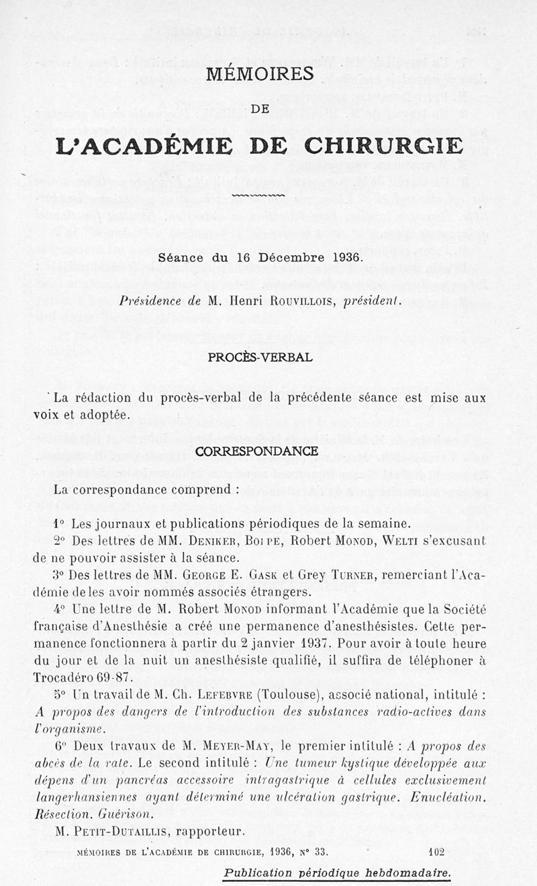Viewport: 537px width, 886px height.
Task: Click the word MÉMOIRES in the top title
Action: (260, 74)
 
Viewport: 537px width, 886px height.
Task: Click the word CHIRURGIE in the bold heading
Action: (383, 145)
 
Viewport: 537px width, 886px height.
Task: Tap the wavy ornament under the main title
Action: (258, 195)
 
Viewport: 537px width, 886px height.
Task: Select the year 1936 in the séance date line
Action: (346, 257)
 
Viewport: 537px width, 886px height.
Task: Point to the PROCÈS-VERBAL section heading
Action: (260, 357)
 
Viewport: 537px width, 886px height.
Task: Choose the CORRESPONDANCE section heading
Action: (256, 451)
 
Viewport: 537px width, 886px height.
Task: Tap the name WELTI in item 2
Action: (415, 541)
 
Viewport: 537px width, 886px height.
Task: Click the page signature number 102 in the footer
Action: (436, 852)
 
